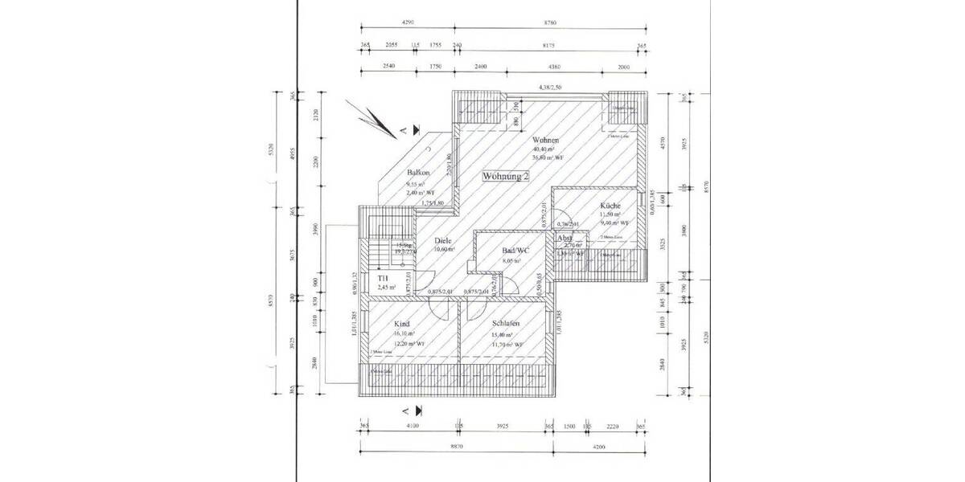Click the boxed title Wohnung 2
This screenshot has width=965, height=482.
506,177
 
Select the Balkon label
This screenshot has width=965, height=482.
419,174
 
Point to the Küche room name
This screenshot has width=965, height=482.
610,206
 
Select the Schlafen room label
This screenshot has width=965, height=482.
507,323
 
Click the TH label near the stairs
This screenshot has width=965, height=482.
383,278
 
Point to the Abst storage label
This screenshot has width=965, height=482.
565,239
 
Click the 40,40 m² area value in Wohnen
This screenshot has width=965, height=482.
544,149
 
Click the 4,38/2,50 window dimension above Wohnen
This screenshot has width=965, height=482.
551,87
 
